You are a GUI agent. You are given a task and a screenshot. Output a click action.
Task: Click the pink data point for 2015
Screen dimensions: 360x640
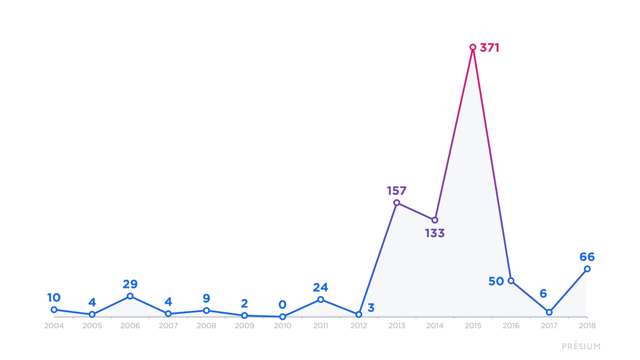pos(473,47)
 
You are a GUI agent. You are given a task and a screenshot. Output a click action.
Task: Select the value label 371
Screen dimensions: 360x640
pos(490,48)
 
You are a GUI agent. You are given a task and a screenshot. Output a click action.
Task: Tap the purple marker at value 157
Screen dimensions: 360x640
pos(397,203)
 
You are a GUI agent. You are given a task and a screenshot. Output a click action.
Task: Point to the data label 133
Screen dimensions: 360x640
pos(435,233)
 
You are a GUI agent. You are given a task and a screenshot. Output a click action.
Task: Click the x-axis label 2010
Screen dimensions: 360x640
pos(282,326)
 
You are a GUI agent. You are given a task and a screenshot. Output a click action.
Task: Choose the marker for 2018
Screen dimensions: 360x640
pos(587,269)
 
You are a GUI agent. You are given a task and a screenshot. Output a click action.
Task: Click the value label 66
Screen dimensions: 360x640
pos(587,257)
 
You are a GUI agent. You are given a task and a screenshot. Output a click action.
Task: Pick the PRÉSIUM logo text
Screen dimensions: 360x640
pos(581,346)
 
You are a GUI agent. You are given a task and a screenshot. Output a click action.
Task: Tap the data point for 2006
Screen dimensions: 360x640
pos(130,296)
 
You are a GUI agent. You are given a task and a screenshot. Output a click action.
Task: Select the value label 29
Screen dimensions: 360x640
pos(130,284)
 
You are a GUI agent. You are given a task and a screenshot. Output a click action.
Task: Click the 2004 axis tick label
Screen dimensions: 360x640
pos(54,326)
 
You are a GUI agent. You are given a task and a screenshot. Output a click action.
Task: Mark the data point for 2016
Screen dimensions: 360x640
pos(511,281)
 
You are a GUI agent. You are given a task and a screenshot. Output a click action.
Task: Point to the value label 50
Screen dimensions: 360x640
pos(496,281)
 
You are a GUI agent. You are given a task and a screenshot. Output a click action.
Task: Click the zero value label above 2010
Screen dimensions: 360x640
pos(282,305)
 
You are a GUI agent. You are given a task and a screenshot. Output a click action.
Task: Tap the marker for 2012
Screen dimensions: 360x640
pos(358,315)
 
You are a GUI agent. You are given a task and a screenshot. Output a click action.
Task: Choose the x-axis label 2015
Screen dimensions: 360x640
pos(473,326)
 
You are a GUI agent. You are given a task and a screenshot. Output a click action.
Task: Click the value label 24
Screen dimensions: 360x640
pos(320,287)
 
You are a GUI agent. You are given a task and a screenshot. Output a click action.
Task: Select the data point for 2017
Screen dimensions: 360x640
pos(549,312)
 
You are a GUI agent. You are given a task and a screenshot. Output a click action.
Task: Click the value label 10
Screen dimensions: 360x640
pos(54,298)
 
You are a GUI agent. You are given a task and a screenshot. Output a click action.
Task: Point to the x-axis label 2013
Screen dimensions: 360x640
pos(397,326)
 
